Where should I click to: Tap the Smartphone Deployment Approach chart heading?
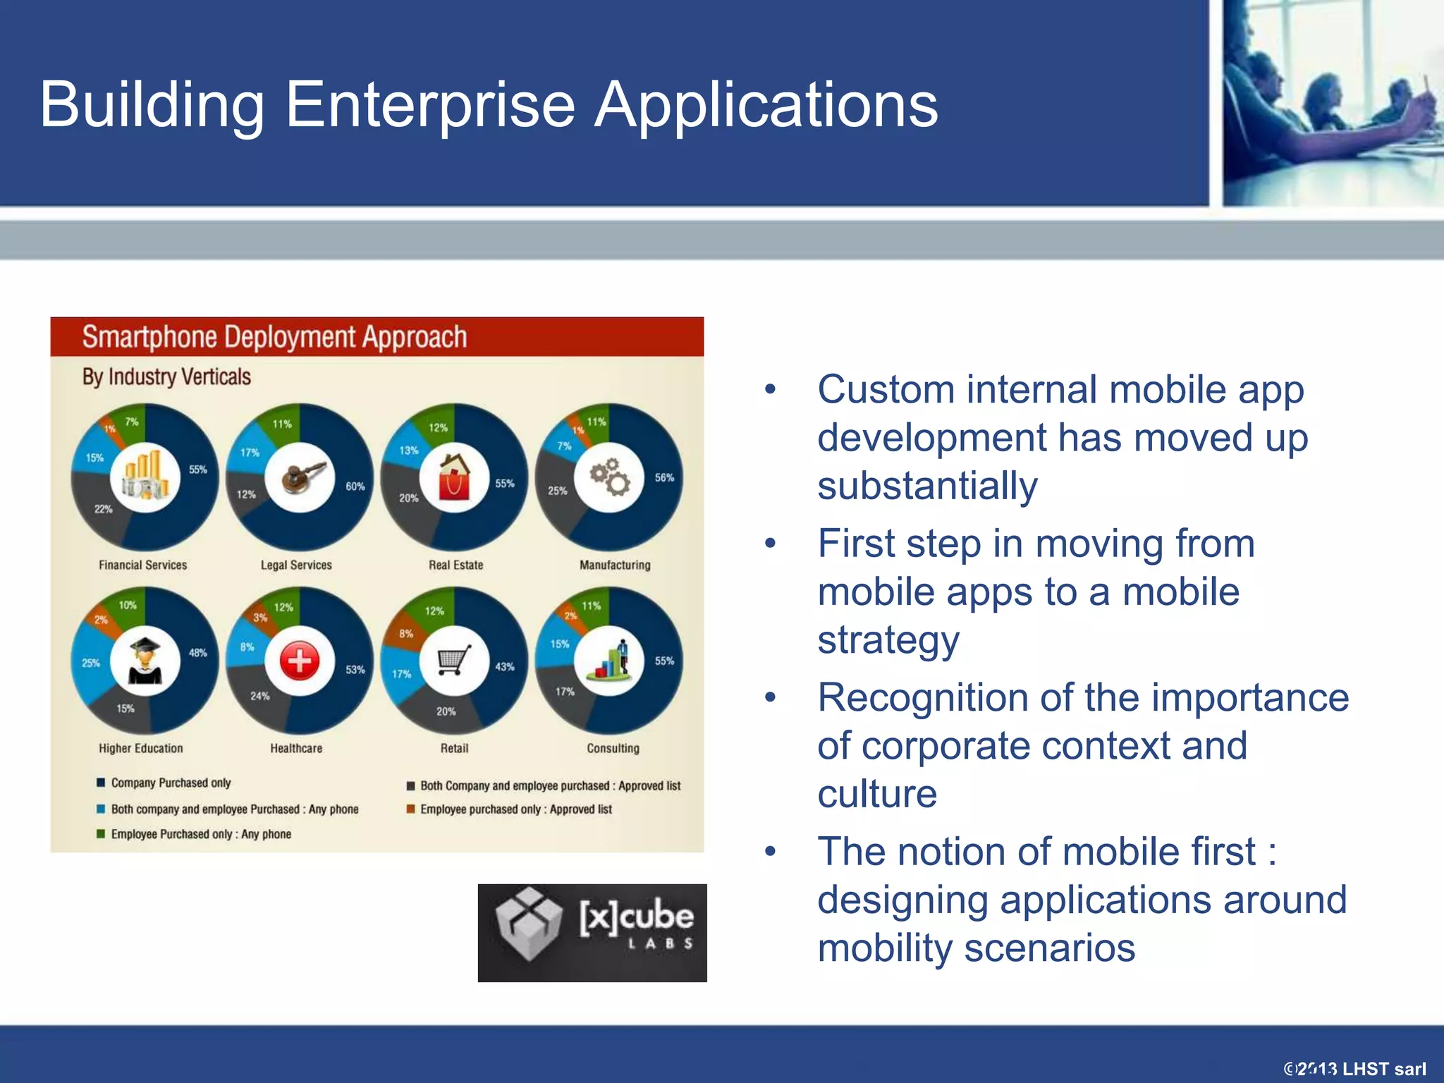[x=274, y=337]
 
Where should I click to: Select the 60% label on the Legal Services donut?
[x=355, y=487]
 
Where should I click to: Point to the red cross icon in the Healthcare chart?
[x=300, y=661]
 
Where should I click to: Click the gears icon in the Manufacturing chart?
[x=610, y=477]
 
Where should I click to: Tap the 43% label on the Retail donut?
[x=504, y=666]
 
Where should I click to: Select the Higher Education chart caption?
[x=140, y=748]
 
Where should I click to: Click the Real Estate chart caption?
[x=455, y=565]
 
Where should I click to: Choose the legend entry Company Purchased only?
[x=171, y=783]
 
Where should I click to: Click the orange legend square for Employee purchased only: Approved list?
[x=410, y=809]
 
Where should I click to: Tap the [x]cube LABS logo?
[x=592, y=932]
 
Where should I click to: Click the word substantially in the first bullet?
[x=927, y=487]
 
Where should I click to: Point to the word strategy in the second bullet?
[x=888, y=640]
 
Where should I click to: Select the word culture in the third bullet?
[x=877, y=794]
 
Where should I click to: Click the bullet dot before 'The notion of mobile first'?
[x=770, y=852]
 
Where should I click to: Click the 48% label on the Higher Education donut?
[x=197, y=653]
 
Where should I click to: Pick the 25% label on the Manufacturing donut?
[x=557, y=491]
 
